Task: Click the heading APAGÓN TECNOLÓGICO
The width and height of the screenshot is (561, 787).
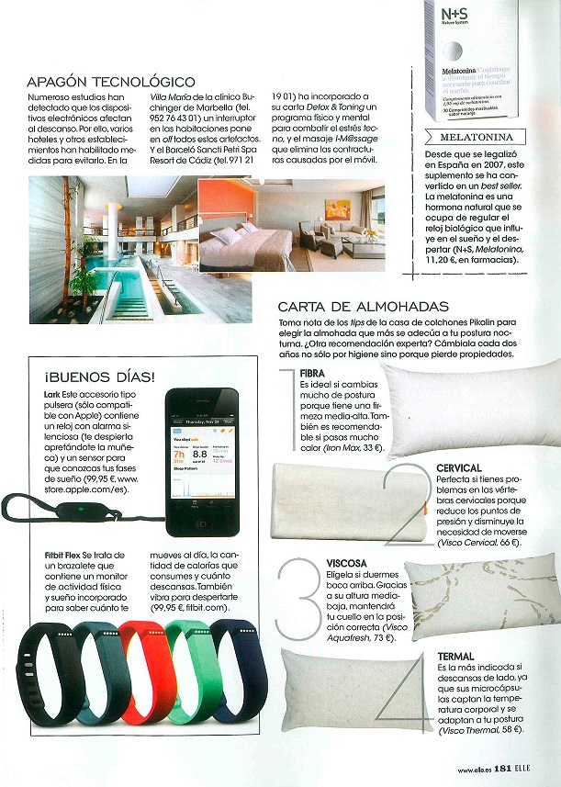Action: tap(111, 82)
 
